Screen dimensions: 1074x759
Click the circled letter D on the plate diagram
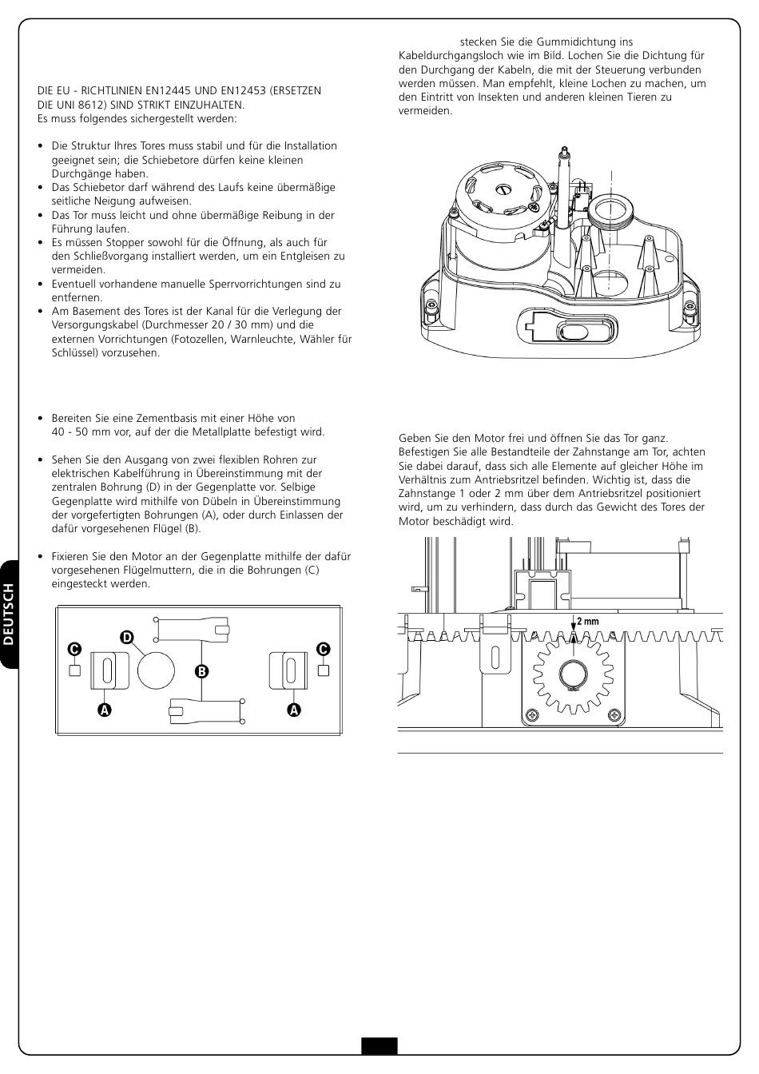[126, 637]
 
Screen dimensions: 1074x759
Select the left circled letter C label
[74, 649]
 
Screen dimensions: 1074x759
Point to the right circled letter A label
[294, 709]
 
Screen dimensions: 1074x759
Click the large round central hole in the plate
[156, 669]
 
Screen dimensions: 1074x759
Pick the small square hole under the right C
[324, 670]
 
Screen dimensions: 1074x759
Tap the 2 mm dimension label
[587, 622]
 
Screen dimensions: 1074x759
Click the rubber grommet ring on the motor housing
[611, 210]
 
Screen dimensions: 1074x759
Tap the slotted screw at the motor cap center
[503, 189]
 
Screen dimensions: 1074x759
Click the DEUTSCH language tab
[10, 614]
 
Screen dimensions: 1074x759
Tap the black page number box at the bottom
[379, 1046]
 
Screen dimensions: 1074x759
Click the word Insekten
[501, 97]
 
